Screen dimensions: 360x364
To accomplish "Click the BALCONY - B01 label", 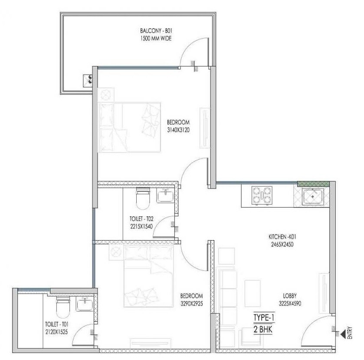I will pyautogui.click(x=156, y=31).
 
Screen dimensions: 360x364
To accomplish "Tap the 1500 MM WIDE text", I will pyautogui.click(x=156, y=39).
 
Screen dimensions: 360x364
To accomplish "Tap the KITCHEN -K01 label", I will pyautogui.click(x=282, y=237).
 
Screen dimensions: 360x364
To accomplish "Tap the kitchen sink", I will pyautogui.click(x=313, y=197).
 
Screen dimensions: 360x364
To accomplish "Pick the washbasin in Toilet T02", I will pyautogui.click(x=165, y=197).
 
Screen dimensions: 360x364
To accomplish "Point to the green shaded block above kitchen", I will pyautogui.click(x=313, y=184).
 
